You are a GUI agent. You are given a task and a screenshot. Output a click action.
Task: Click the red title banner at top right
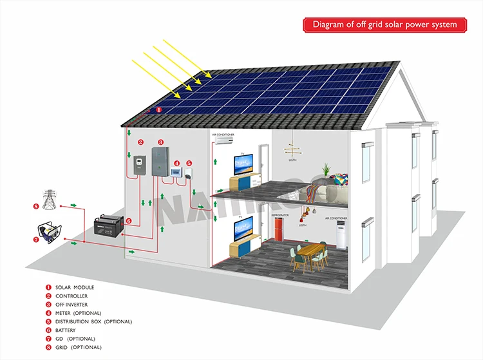pos(384,24)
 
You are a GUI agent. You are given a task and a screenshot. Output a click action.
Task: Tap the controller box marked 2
pos(138,167)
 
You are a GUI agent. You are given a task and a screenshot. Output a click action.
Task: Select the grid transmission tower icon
pos(48,196)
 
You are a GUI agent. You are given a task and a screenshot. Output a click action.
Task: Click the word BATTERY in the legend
pos(66,330)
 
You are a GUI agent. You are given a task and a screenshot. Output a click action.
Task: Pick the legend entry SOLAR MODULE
pos(75,287)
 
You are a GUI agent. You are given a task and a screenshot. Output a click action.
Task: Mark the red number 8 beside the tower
pos(36,206)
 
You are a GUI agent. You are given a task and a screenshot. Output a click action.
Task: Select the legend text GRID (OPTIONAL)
pos(78,347)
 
